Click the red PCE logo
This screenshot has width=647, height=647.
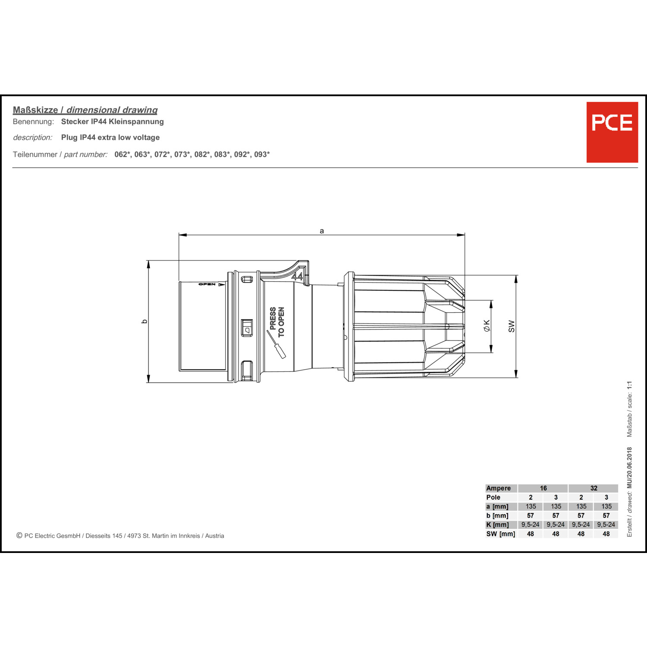coord(612,132)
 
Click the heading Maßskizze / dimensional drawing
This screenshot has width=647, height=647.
coord(85,110)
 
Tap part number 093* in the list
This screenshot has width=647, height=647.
coord(262,154)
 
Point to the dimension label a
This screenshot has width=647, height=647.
coord(322,231)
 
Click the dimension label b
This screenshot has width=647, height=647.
coord(144,321)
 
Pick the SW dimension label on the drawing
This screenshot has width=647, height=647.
coord(512,326)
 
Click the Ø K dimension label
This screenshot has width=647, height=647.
coord(487,326)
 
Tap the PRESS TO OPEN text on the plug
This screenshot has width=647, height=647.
coord(277,322)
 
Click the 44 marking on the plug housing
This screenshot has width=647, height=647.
coord(297,275)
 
